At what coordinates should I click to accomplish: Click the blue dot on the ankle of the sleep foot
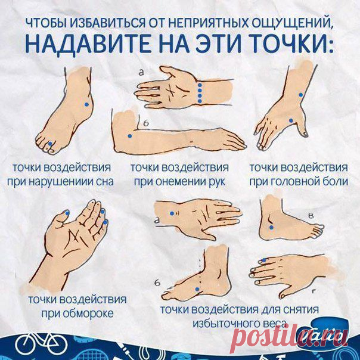click(x=86, y=104)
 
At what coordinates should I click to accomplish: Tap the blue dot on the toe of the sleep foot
click(x=50, y=144)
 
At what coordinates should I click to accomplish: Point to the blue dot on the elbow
click(x=130, y=136)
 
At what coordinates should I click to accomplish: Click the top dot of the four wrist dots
click(x=200, y=85)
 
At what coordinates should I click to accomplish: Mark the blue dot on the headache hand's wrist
click(x=301, y=95)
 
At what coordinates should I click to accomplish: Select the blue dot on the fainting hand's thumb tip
click(x=67, y=213)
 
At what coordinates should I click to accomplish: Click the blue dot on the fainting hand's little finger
click(x=106, y=222)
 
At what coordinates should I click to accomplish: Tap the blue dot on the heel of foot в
click(x=271, y=228)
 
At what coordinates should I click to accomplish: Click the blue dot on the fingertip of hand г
click(x=264, y=260)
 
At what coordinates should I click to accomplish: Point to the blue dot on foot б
click(x=197, y=289)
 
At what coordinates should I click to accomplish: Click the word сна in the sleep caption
click(x=105, y=182)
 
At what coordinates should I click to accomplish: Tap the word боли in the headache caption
click(x=336, y=181)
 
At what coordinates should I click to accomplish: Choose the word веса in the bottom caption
click(x=275, y=324)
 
